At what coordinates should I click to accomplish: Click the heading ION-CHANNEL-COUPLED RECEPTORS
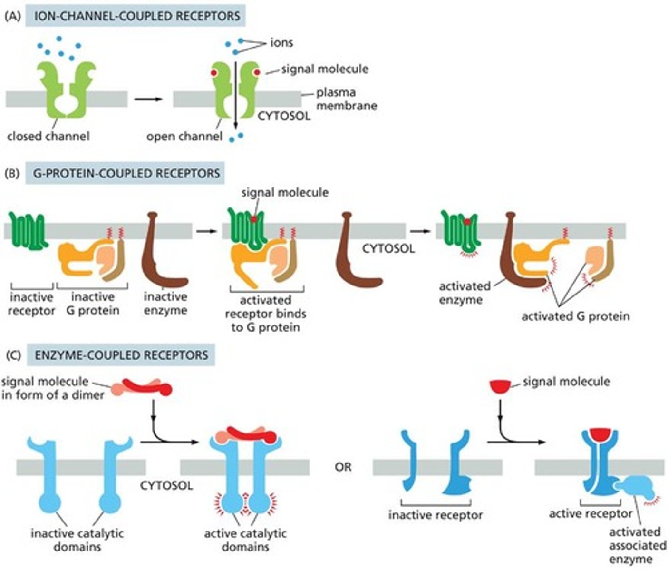(x=136, y=15)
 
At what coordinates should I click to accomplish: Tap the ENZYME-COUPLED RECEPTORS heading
(x=121, y=355)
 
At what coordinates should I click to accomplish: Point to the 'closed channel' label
(x=48, y=136)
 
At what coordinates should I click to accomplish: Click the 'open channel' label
(x=184, y=137)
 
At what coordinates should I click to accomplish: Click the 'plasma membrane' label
(x=346, y=98)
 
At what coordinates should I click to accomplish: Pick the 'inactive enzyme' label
(x=165, y=303)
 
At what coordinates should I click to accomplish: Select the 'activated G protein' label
(x=575, y=316)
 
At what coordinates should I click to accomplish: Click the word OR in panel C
(x=343, y=467)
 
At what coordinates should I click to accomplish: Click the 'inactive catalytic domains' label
(x=77, y=540)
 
